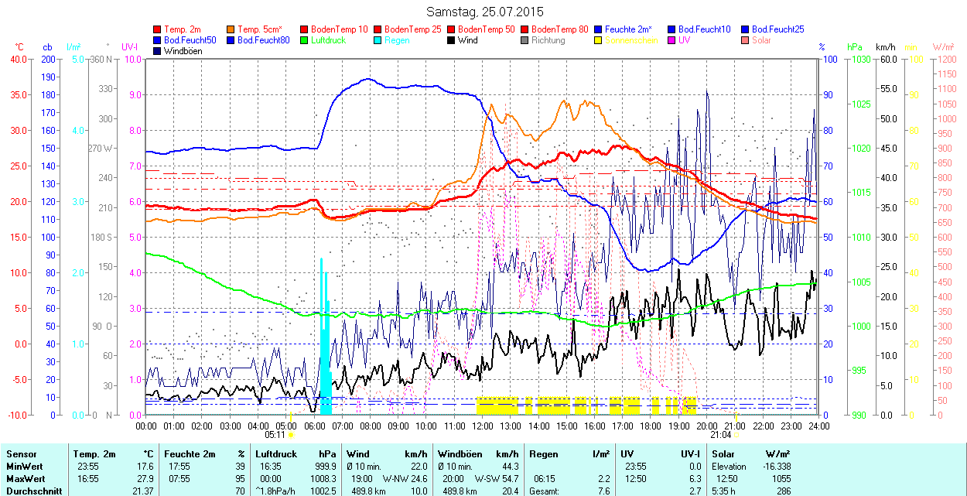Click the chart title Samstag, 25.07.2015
484,12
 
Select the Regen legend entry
397,39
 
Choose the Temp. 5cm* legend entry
259,29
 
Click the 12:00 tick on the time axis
483,426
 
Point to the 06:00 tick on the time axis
315,426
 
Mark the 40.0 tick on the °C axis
16,59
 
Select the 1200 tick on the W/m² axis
948,59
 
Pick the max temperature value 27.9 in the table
145,478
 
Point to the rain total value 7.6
604,491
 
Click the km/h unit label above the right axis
886,46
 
